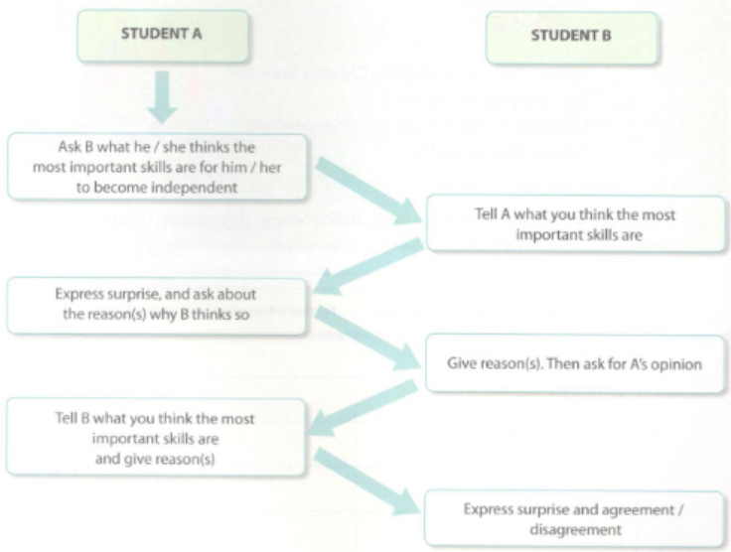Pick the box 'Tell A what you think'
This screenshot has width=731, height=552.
point(575,223)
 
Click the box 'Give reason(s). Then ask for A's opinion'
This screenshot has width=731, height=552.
point(575,364)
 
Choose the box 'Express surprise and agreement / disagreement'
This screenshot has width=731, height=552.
point(575,518)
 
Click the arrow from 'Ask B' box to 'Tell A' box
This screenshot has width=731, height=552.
point(369,191)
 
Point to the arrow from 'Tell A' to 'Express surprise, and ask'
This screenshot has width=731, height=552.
point(369,262)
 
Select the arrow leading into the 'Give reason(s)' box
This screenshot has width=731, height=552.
point(369,335)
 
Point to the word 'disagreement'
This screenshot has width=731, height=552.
point(575,529)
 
